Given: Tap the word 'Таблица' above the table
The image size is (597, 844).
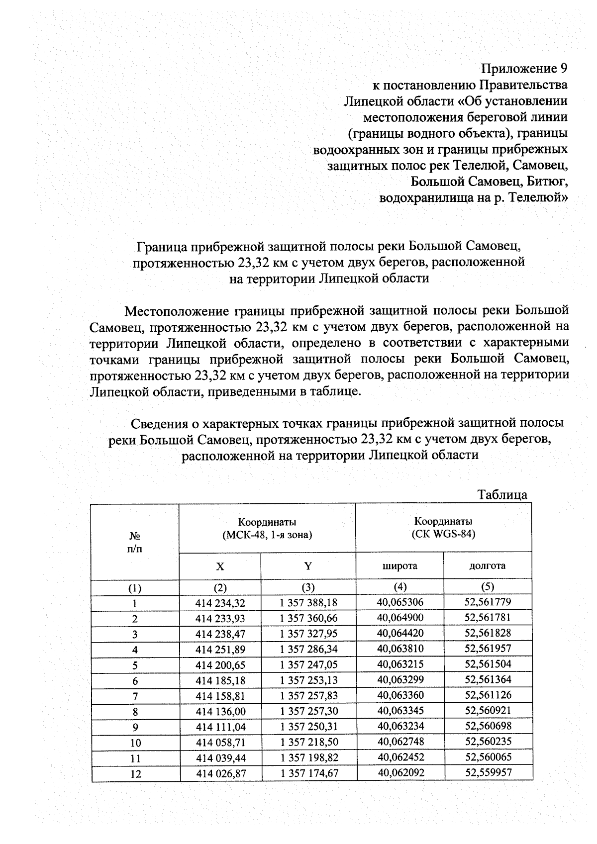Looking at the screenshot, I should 502,494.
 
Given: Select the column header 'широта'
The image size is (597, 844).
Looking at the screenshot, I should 399,566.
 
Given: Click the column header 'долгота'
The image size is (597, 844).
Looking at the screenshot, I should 487,565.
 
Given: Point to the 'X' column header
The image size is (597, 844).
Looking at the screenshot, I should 220,566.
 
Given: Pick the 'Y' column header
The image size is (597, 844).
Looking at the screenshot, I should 308,566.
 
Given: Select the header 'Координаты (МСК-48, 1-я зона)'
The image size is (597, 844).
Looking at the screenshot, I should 267,529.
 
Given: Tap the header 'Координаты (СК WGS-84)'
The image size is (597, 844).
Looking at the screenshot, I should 443,528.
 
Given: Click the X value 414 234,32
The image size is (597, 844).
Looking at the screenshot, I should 220,603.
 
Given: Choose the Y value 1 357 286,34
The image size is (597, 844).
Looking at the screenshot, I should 308,649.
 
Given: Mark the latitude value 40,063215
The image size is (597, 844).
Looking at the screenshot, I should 400,664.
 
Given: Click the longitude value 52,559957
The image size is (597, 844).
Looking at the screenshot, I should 488,772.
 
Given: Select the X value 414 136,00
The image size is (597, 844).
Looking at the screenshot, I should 220,711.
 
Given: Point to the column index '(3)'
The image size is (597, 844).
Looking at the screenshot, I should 308,587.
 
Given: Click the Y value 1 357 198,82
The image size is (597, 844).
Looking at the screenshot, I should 308,758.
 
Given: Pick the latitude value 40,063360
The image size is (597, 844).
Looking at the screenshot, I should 400,695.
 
